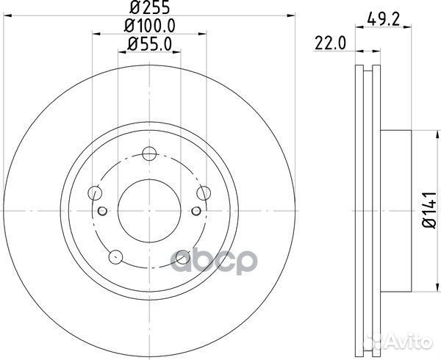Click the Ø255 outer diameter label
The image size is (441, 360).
tap(150, 10)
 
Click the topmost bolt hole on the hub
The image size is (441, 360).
tap(150, 154)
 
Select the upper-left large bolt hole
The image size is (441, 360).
tap(94, 193)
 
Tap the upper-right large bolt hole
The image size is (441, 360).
tap(205, 193)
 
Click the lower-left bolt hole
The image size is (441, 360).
tap(115, 257)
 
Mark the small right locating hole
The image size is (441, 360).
tap(196, 211)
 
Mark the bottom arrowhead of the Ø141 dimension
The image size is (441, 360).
tap(418, 289)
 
